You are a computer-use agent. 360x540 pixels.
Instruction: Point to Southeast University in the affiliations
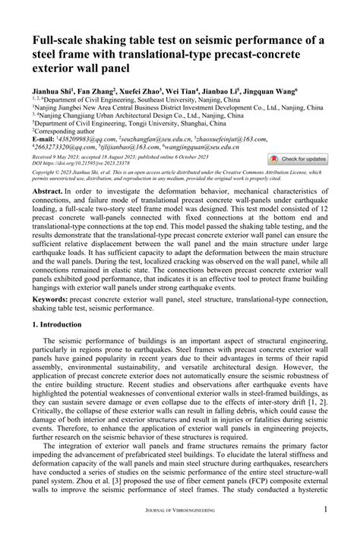click(x=156, y=99)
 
